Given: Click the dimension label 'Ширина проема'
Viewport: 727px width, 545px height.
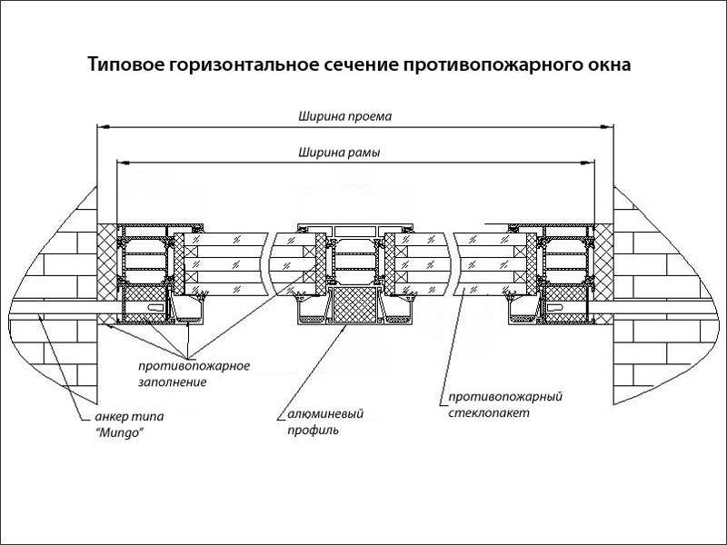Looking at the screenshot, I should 337,116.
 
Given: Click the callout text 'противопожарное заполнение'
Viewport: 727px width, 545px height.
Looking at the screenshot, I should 194,374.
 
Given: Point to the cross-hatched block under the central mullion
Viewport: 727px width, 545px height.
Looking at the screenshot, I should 353,303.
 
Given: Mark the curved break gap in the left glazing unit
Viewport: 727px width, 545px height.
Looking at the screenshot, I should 272,263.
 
